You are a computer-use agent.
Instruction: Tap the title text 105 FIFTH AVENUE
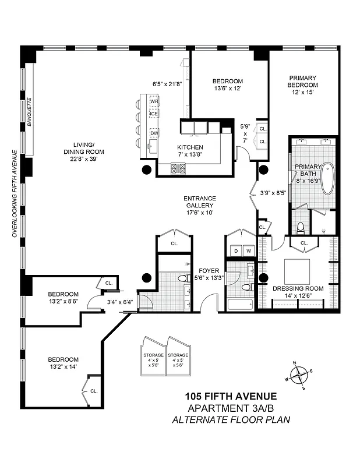point(227,397)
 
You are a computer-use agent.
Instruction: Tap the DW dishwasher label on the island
point(154,133)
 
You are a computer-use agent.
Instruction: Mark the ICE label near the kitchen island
point(154,113)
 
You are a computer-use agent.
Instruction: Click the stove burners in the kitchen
point(178,169)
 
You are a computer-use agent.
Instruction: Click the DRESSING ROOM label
point(298,288)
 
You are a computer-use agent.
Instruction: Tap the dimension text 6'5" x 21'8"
point(167,84)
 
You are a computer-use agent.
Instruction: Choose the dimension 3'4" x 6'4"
point(120,301)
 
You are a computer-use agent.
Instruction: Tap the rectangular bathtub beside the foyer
point(240,305)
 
